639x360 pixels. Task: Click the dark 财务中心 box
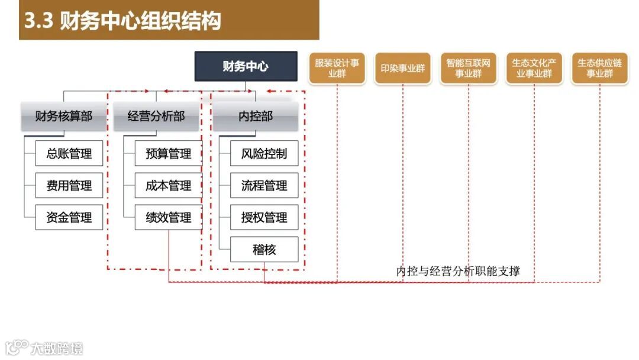click(246, 66)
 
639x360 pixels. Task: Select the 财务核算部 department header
click(64, 116)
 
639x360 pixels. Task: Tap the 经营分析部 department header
click(156, 116)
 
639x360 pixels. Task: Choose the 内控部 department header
click(256, 116)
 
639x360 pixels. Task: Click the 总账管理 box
click(69, 154)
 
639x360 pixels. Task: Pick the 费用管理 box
click(69, 186)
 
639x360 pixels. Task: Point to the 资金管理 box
click(69, 218)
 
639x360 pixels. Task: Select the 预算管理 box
click(168, 154)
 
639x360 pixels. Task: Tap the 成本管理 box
click(168, 186)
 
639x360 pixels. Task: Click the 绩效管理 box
click(168, 218)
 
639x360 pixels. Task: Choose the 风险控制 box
click(264, 154)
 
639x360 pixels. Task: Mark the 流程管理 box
click(264, 186)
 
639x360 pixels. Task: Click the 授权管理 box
click(264, 218)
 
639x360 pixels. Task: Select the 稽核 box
click(264, 250)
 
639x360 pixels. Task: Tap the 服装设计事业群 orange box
click(337, 68)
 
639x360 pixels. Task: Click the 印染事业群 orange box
click(403, 68)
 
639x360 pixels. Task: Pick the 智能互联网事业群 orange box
click(469, 68)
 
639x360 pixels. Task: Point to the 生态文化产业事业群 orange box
click(534, 68)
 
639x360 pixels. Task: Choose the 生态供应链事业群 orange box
click(600, 68)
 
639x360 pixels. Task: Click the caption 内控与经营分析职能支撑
click(458, 272)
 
